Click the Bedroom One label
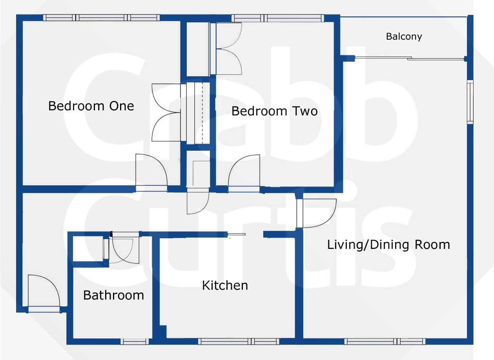click(91, 106)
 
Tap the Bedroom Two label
click(274, 111)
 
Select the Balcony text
click(404, 37)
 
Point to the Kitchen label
click(225, 285)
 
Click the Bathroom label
click(113, 295)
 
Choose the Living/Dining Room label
click(388, 245)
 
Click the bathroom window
click(135, 342)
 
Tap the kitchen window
click(239, 342)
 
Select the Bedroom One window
click(101, 18)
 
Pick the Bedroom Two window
click(278, 18)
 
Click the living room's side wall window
click(470, 102)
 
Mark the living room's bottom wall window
click(385, 342)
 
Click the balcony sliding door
click(410, 58)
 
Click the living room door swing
click(316, 213)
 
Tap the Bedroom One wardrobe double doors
click(166, 113)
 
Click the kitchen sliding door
click(237, 234)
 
